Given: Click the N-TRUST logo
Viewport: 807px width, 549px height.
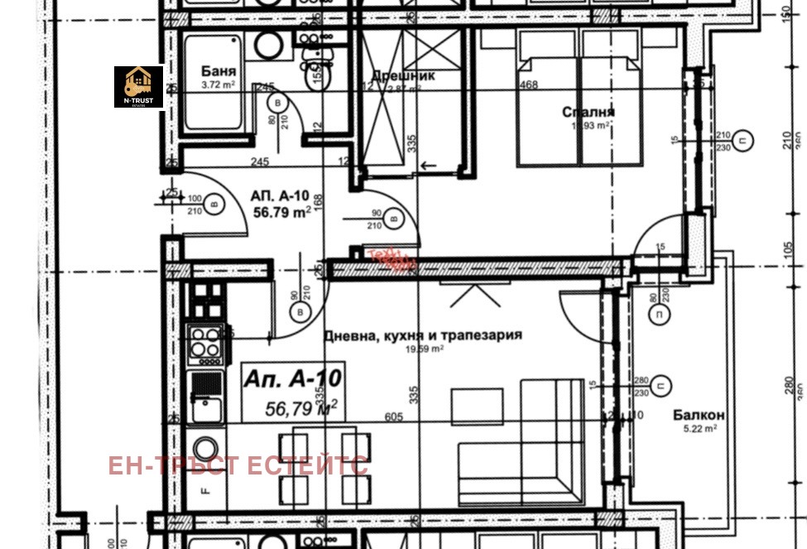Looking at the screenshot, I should click(x=138, y=86).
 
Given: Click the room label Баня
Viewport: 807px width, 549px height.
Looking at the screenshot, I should click(x=219, y=71).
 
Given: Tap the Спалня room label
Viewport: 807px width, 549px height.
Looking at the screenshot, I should click(x=588, y=112).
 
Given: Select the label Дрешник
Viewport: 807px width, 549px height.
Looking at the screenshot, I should click(x=402, y=75).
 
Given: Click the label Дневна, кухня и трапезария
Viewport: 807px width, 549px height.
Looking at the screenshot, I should click(x=422, y=335).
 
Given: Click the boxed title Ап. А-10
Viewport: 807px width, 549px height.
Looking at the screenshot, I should click(x=292, y=379).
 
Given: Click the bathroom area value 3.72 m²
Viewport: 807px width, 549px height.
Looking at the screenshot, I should click(x=219, y=84).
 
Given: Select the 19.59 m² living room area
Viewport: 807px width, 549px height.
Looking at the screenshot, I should click(x=424, y=349).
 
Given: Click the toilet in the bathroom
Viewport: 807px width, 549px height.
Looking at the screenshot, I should click(x=316, y=73).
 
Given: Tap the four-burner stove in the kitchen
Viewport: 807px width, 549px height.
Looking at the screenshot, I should click(x=205, y=343).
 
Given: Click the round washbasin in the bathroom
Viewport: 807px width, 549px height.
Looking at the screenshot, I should click(x=267, y=46).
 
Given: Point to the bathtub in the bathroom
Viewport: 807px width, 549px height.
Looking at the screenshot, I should click(x=212, y=82).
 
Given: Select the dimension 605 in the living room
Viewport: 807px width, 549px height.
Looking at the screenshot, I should click(x=393, y=417).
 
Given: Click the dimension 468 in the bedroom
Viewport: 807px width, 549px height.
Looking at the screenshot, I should click(x=528, y=84).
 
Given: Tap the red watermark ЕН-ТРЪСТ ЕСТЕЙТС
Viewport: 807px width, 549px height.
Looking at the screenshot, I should click(x=238, y=465).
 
